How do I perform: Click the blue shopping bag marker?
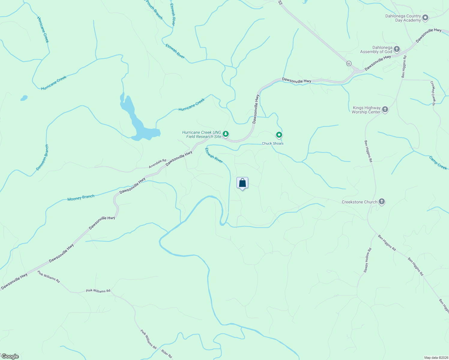(242, 183)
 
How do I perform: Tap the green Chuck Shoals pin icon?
(279, 135)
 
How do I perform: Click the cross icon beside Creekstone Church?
(381, 202)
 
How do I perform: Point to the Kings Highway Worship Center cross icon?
(385, 109)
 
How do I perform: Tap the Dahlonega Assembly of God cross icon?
(397, 49)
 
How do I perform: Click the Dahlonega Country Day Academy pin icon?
(425, 18)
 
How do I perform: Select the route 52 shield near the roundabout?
(348, 63)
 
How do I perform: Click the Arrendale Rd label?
(158, 164)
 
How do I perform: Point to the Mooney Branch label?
(81, 198)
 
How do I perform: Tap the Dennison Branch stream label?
(42, 157)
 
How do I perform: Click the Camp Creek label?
(438, 163)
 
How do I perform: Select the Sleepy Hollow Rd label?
(368, 260)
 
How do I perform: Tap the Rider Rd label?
(167, 354)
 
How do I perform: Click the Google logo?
(10, 356)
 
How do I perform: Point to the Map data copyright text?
(436, 358)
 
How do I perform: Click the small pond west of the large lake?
(24, 98)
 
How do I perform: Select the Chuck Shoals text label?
(273, 143)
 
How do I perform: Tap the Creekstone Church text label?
(359, 202)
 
